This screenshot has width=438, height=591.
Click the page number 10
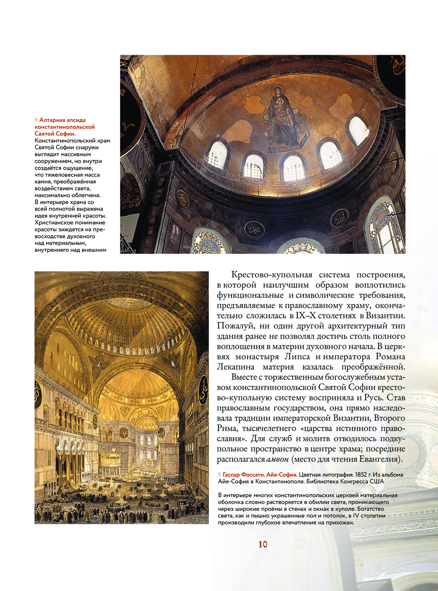263,544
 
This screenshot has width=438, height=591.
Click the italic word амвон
278,459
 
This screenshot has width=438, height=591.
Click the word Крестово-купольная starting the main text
272,275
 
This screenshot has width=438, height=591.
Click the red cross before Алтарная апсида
36,120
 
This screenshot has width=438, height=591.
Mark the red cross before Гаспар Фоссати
219,474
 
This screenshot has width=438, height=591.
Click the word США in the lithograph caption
377,481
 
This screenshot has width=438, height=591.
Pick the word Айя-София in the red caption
283,474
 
